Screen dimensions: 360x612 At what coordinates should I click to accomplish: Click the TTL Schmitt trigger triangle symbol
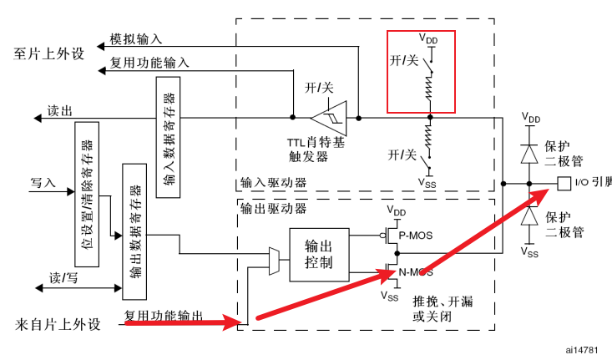(329, 117)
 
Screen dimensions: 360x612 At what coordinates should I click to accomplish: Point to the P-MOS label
(415, 236)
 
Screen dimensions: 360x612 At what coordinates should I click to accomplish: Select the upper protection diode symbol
(528, 154)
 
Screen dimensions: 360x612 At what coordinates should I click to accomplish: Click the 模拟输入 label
(136, 39)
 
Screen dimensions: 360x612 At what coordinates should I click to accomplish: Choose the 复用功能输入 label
(149, 63)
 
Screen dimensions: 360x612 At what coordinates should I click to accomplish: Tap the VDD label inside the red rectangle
(427, 39)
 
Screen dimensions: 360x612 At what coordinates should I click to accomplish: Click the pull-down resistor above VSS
(428, 135)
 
